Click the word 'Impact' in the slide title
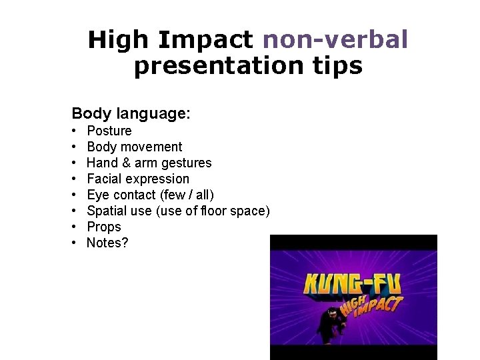(x=205, y=40)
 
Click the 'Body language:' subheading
(x=131, y=113)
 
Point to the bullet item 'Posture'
(x=109, y=131)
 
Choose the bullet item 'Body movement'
(x=134, y=147)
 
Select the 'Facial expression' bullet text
(x=138, y=179)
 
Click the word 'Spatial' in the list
(x=107, y=211)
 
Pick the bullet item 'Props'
(x=104, y=227)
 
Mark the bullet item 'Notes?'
(x=107, y=243)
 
